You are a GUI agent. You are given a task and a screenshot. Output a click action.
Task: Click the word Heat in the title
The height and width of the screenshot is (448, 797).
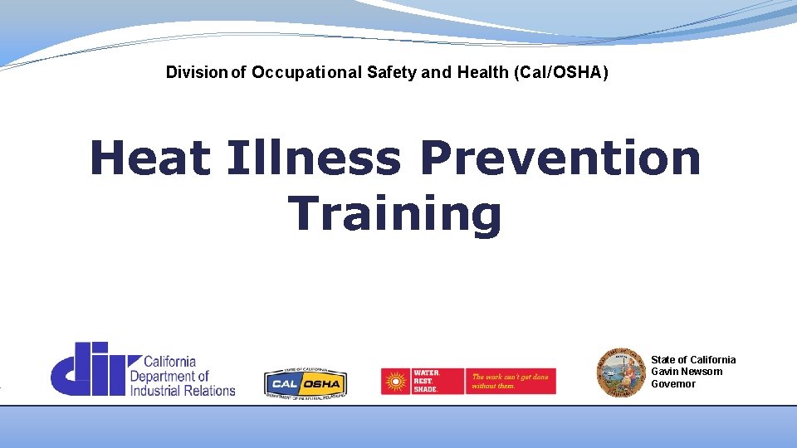coord(149,158)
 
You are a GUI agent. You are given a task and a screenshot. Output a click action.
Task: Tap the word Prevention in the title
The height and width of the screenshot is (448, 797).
coord(560,158)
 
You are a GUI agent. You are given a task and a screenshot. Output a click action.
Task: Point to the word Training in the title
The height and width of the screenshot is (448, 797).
coord(395,213)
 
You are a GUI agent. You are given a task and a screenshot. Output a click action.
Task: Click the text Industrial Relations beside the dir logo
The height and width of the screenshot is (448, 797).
coord(183,390)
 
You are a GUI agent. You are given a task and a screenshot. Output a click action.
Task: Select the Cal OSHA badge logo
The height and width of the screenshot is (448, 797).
coord(305,382)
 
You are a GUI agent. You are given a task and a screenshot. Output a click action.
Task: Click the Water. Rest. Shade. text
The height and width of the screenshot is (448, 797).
coord(426,382)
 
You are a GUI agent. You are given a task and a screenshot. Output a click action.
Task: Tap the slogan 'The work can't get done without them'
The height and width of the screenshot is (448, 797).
coord(510,382)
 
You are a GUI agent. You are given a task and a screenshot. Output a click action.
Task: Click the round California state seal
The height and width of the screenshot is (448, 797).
coord(621,372)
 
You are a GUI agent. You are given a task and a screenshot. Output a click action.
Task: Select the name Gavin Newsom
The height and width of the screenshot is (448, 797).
coord(687,372)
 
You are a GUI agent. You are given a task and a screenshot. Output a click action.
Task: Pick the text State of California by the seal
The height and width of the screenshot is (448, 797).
coord(693,359)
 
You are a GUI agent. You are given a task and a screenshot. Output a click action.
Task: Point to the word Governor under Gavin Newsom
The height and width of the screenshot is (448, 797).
coord(673,384)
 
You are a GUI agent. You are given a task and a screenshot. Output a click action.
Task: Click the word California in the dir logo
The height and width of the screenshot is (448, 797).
coord(170,362)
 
